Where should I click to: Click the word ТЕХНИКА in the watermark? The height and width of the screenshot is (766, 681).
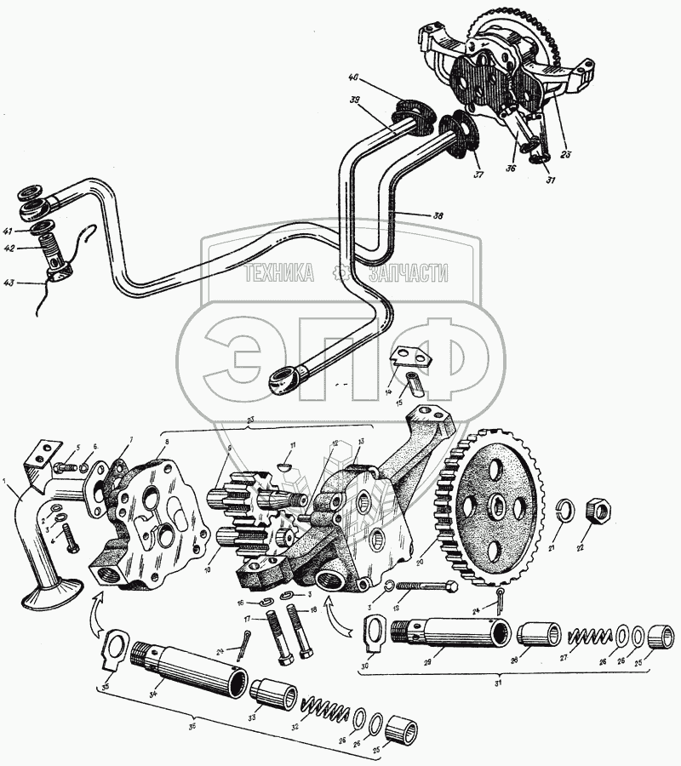tap(279, 273)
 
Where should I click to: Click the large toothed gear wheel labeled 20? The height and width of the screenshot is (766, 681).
tap(493, 503)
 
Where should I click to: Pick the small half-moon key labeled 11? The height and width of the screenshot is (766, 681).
tap(289, 466)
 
